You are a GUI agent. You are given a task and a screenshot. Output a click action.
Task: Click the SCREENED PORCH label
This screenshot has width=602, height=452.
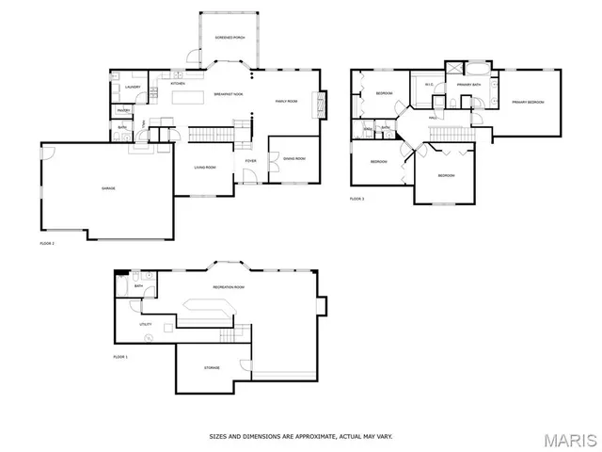point(230,38)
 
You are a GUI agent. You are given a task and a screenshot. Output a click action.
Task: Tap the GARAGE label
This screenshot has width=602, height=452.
point(108,188)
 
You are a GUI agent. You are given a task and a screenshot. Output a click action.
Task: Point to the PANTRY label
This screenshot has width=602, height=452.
point(123,111)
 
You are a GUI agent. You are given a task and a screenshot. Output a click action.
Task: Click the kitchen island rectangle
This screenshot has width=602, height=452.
point(187,97)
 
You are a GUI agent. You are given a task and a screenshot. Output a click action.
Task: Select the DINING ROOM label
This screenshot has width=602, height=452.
point(294,158)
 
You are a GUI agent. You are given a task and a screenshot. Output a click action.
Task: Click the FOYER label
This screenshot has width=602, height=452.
point(251,161)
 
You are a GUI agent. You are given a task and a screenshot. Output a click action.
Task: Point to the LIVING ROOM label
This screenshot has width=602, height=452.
point(205,168)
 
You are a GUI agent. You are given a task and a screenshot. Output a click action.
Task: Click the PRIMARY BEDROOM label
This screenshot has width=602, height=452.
point(529,102)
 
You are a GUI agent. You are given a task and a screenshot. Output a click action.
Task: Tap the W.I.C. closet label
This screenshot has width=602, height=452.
point(428,86)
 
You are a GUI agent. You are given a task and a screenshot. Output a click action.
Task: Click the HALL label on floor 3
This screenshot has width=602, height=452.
point(434,117)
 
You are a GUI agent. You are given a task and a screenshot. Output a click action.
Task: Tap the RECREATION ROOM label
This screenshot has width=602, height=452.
point(229,286)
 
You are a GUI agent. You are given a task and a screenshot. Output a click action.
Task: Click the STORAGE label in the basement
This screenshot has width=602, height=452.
point(213,367)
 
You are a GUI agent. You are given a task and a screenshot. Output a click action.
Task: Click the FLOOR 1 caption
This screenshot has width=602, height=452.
point(120,357)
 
